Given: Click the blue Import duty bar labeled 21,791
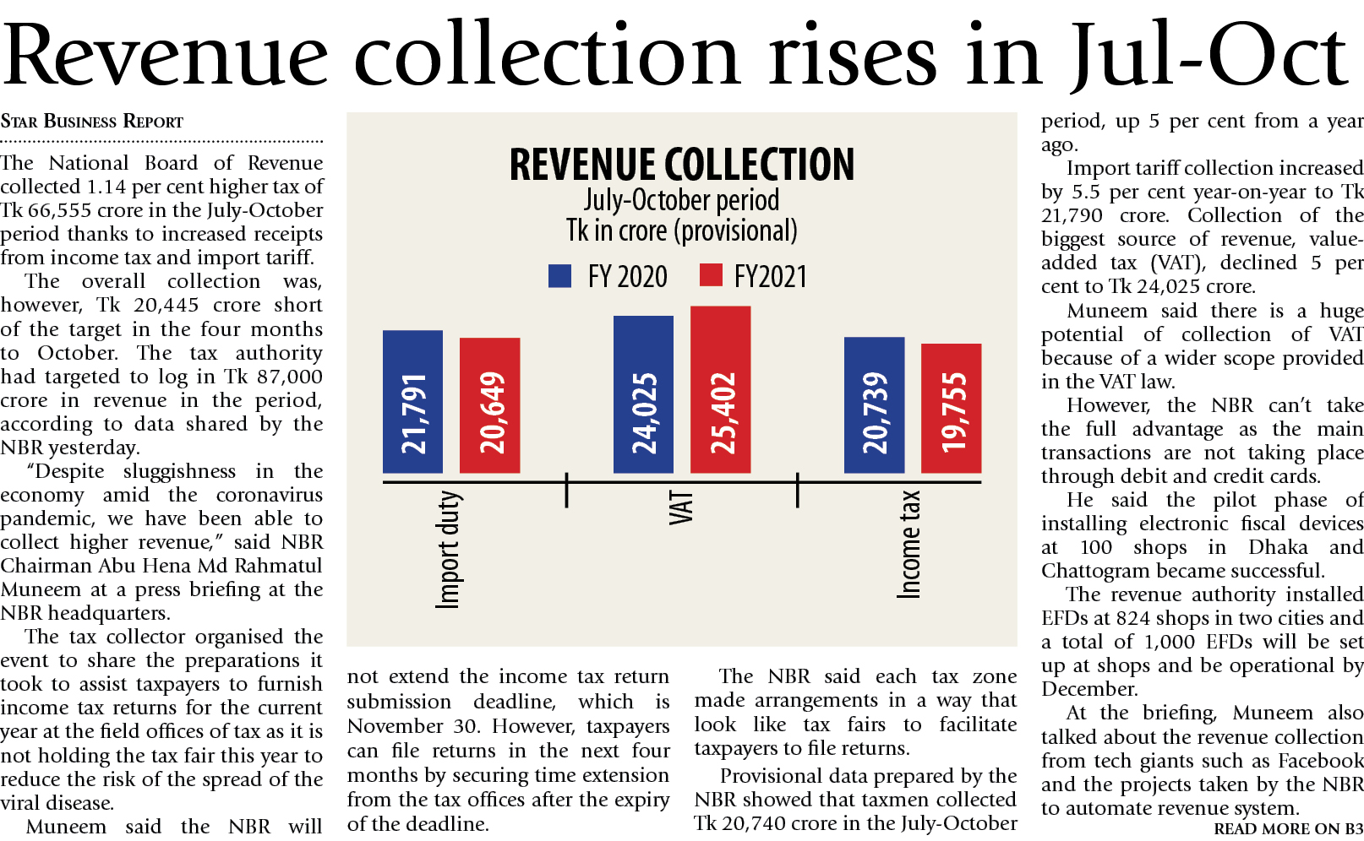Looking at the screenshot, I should click(412, 402).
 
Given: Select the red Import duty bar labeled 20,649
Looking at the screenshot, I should click(489, 405).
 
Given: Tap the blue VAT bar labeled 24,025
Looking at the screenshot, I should click(643, 394).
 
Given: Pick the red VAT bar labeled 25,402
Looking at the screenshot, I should click(720, 389).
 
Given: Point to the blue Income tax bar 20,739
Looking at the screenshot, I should click(874, 405).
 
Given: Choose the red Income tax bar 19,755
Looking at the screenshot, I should click(951, 409).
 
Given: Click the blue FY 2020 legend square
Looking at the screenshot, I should click(559, 276).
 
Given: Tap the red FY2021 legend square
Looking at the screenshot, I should click(711, 275).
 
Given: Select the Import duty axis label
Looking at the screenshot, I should click(448, 549).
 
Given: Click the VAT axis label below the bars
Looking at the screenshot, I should click(680, 508).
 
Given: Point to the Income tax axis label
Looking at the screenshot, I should click(908, 545).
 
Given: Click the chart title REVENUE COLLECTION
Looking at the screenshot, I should click(681, 164).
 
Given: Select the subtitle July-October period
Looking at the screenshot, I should click(681, 201).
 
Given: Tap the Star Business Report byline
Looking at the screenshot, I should click(91, 122).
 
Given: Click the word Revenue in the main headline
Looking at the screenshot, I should click(165, 55).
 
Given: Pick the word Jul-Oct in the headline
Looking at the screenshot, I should click(1209, 55).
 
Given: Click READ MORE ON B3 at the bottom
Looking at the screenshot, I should click(1288, 828).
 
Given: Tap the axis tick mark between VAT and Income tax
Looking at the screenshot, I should click(797, 490).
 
